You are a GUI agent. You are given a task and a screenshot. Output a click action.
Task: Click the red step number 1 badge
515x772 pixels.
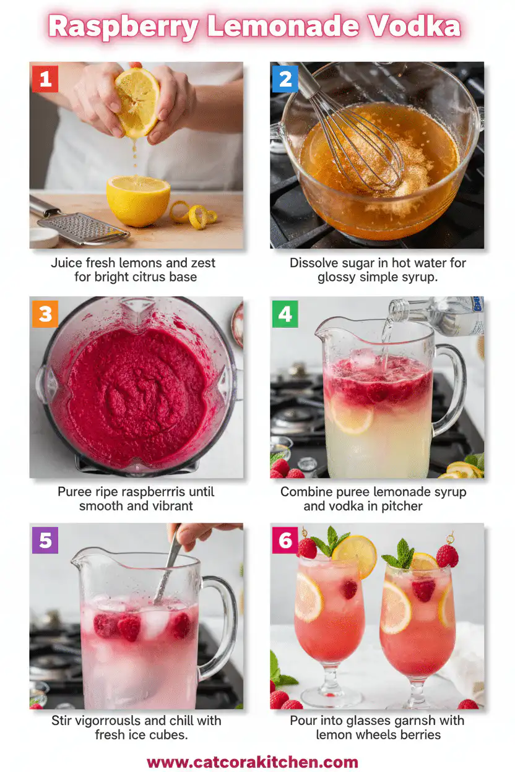click(x=45, y=79)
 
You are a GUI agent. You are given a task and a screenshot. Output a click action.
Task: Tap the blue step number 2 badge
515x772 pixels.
click(x=285, y=79)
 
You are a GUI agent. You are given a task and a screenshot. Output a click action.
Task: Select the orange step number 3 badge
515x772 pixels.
click(x=45, y=314)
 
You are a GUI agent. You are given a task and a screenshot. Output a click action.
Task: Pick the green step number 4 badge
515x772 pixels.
click(x=285, y=314)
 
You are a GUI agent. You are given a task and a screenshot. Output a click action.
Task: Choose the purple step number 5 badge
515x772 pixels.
click(x=45, y=541)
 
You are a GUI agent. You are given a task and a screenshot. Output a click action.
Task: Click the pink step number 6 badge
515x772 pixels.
click(x=285, y=541)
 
